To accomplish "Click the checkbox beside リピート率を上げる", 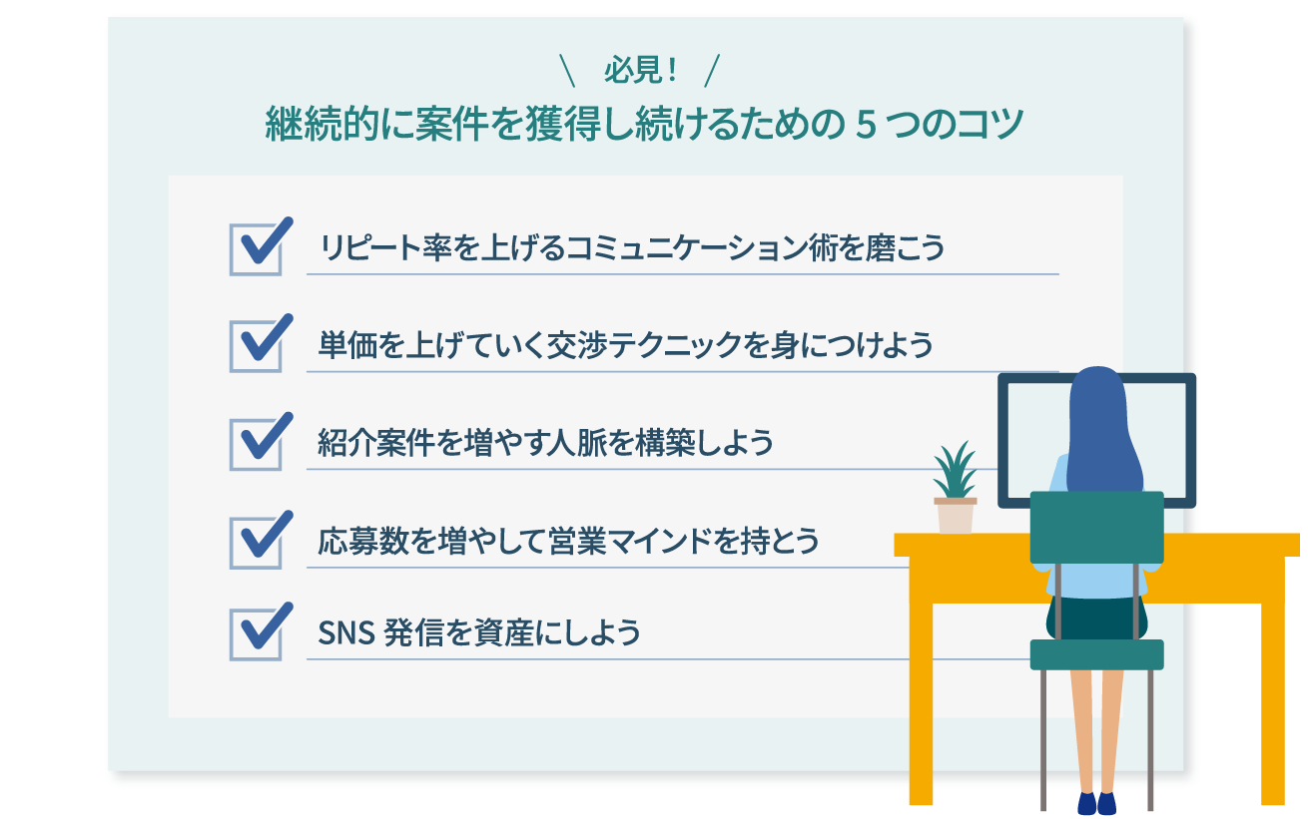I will (x=257, y=248).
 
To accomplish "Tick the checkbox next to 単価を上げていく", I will (x=257, y=346).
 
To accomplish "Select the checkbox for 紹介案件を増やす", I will (x=257, y=443).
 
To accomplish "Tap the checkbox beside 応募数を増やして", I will (x=257, y=542).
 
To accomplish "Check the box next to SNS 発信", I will (x=257, y=632).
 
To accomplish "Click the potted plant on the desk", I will (x=955, y=489).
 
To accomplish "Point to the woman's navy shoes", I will (x=1096, y=804).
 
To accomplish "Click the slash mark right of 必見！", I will (x=712, y=71).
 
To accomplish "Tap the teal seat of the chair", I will (x=1096, y=654).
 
